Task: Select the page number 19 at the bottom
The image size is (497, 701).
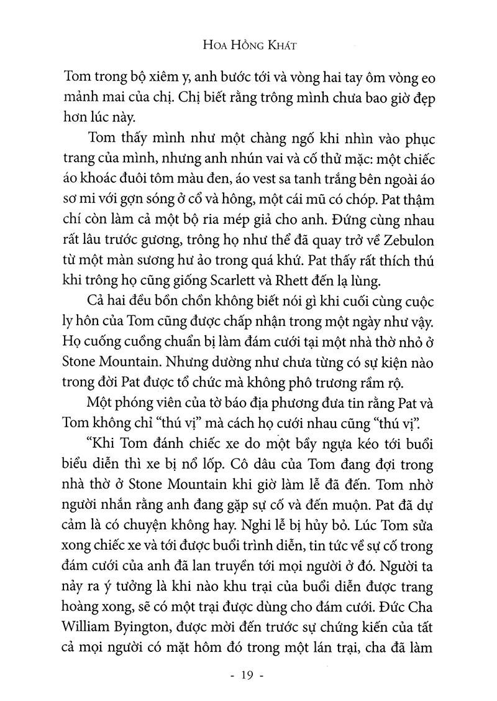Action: (248, 674)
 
